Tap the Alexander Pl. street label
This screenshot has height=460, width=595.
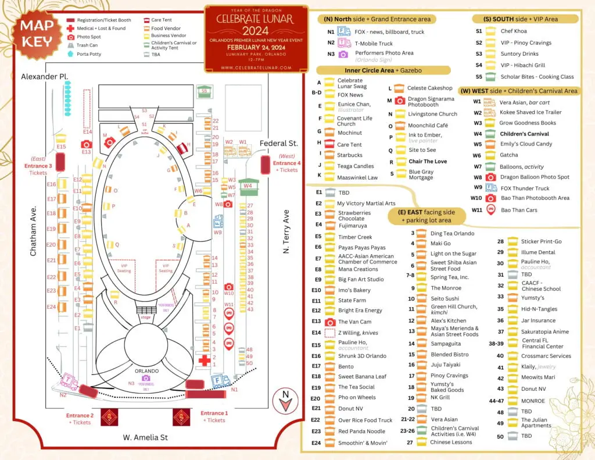(45, 76)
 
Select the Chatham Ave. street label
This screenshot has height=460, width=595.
(34, 231)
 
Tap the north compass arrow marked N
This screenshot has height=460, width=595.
(285, 396)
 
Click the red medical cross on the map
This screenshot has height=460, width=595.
(204, 361)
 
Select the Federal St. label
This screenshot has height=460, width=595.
(278, 143)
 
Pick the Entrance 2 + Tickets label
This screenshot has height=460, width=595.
(80, 419)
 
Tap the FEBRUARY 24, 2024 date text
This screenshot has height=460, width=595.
(256, 47)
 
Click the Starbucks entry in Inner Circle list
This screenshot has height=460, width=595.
(349, 155)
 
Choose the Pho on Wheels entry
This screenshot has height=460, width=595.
(357, 398)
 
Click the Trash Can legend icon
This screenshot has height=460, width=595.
(70, 45)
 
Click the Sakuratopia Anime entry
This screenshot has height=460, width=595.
(536, 331)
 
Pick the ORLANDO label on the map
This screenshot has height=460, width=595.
(146, 371)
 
